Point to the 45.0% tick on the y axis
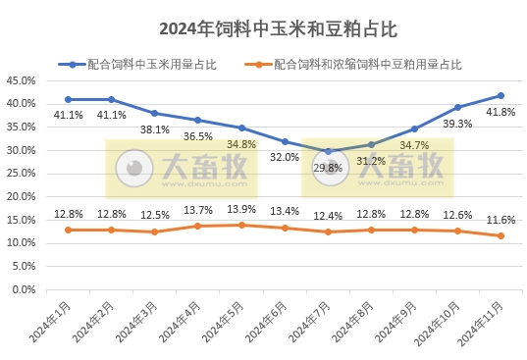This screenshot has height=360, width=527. click(x=22, y=80)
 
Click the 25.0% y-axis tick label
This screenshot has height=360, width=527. click(x=22, y=174)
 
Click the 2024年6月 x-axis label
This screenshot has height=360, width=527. click(x=266, y=324)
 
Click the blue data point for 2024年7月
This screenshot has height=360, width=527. click(x=328, y=152)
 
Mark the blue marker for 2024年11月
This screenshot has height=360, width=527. click(x=501, y=95)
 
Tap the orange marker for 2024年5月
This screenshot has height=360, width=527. click(x=241, y=225)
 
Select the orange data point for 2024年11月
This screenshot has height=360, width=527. click(x=501, y=235)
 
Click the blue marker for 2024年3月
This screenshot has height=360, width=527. click(x=154, y=113)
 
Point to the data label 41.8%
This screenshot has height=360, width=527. click(x=501, y=113)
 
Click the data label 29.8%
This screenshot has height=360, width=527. click(x=328, y=168)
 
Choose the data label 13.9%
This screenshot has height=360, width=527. click(x=241, y=210)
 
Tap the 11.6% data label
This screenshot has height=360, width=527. click(x=501, y=220)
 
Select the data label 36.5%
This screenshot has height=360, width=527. click(x=197, y=136)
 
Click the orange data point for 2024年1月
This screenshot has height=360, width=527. click(x=68, y=230)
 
